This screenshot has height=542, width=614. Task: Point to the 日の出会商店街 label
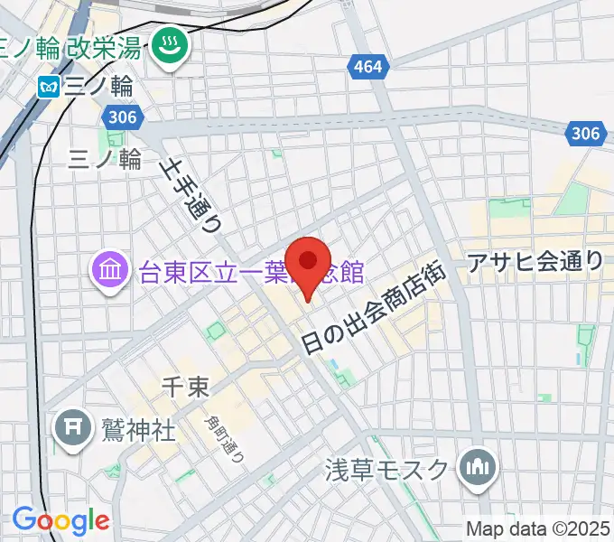[376, 304]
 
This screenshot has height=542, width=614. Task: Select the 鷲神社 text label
[137, 428]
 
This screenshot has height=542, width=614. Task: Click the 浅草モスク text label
[386, 469]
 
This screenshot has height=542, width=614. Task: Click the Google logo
[60, 520]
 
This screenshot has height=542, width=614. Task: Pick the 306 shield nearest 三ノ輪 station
[120, 117]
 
